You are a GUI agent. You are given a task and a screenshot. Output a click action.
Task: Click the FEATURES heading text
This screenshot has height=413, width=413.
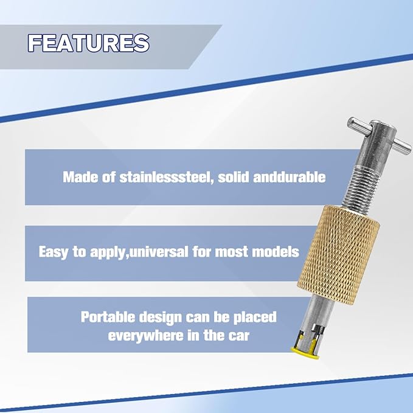point(88,43)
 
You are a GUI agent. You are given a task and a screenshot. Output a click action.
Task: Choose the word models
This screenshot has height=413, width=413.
point(277,251)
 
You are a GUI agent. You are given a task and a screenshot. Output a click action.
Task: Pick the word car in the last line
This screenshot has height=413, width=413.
point(239,336)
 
